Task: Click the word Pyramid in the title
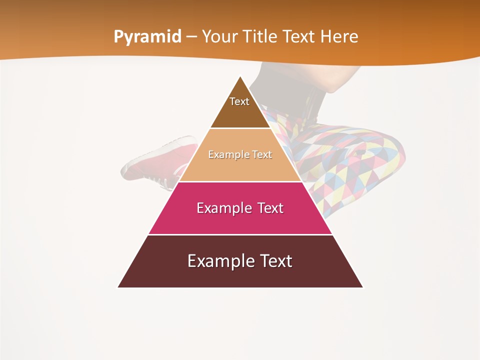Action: (x=147, y=37)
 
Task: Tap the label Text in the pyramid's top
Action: (x=239, y=101)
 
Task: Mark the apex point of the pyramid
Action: (x=240, y=76)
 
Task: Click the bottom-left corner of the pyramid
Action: (x=118, y=287)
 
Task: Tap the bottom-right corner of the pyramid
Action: (x=362, y=287)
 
